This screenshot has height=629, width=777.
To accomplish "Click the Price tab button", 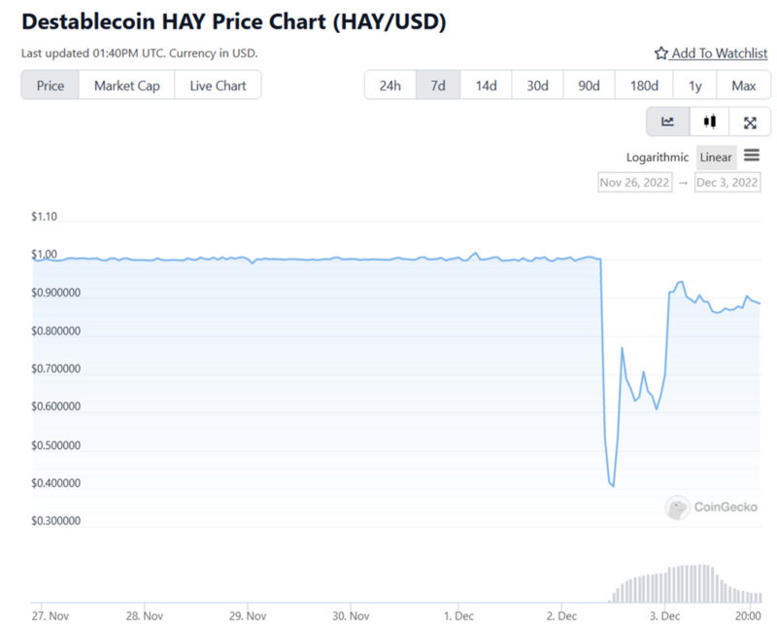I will tap(51, 86).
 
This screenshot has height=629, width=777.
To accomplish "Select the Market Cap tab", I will tap(126, 86).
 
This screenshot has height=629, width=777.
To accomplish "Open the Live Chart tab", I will tap(218, 86).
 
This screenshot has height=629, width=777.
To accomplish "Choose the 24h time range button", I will tap(389, 86).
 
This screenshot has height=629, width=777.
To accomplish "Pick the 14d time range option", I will tap(486, 86).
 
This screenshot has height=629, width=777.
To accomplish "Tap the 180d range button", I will tap(644, 86).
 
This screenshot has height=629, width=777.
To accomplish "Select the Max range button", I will tap(744, 86).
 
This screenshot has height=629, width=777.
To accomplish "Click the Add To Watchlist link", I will tap(711, 53).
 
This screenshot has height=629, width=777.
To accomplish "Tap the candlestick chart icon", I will tap(710, 122).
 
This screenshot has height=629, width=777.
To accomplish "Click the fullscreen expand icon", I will tap(750, 122).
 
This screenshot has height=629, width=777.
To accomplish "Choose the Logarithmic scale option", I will tap(658, 157).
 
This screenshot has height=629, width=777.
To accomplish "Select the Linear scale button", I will tap(716, 157).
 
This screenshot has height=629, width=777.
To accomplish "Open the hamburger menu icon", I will tap(752, 156).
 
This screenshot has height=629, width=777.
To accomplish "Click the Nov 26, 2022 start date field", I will tap(635, 182).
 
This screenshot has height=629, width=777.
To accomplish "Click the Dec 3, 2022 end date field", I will tap(727, 182).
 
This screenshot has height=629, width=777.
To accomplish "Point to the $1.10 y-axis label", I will tap(45, 217).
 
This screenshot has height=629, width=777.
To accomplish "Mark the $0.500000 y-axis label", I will tap(56, 445).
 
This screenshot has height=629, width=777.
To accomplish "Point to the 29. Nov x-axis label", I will tap(248, 615).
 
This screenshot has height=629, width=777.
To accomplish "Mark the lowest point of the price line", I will tap(613, 486).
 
